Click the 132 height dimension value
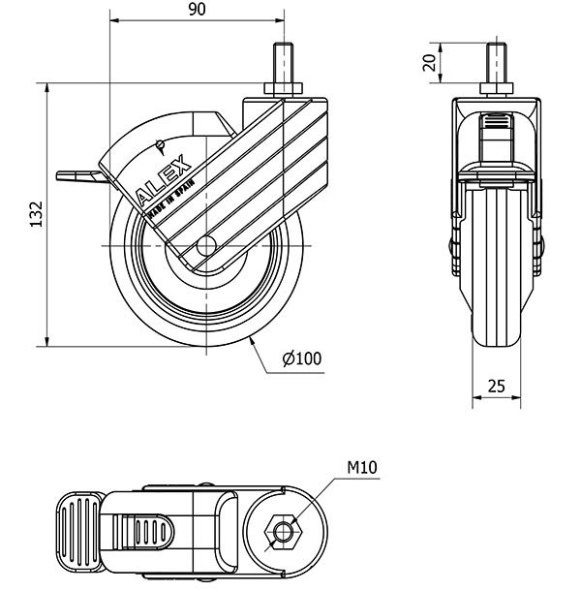click(x=36, y=214)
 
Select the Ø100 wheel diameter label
click(x=302, y=358)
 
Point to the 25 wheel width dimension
click(x=497, y=386)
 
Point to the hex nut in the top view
click(x=283, y=531)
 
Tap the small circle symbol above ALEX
click(x=159, y=145)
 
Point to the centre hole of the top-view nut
click(x=283, y=531)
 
